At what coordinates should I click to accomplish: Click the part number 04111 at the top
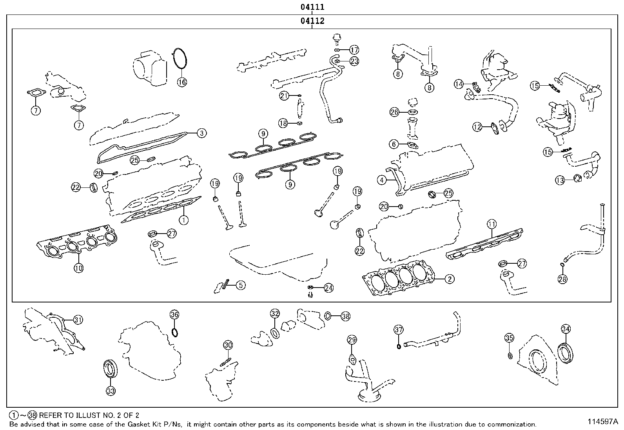(312, 7)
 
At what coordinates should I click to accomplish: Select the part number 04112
(312, 21)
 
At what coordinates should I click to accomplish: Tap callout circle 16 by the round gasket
(181, 82)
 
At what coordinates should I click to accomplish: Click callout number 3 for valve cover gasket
(201, 133)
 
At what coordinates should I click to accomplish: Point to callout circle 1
(183, 220)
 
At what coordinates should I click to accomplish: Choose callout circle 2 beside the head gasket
(450, 279)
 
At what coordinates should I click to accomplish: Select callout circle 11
(492, 224)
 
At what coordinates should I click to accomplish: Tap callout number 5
(240, 285)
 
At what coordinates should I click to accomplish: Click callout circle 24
(328, 288)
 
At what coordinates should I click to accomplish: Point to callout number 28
(562, 279)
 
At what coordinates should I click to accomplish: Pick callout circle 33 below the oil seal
(111, 390)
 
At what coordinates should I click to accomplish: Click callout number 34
(566, 329)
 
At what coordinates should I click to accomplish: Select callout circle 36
(174, 314)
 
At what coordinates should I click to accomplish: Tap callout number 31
(78, 320)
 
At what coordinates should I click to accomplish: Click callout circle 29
(352, 340)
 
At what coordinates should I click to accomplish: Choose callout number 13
(560, 180)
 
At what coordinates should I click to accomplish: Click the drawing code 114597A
(602, 421)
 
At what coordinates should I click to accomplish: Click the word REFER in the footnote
(50, 416)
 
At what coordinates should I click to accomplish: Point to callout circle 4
(382, 180)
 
